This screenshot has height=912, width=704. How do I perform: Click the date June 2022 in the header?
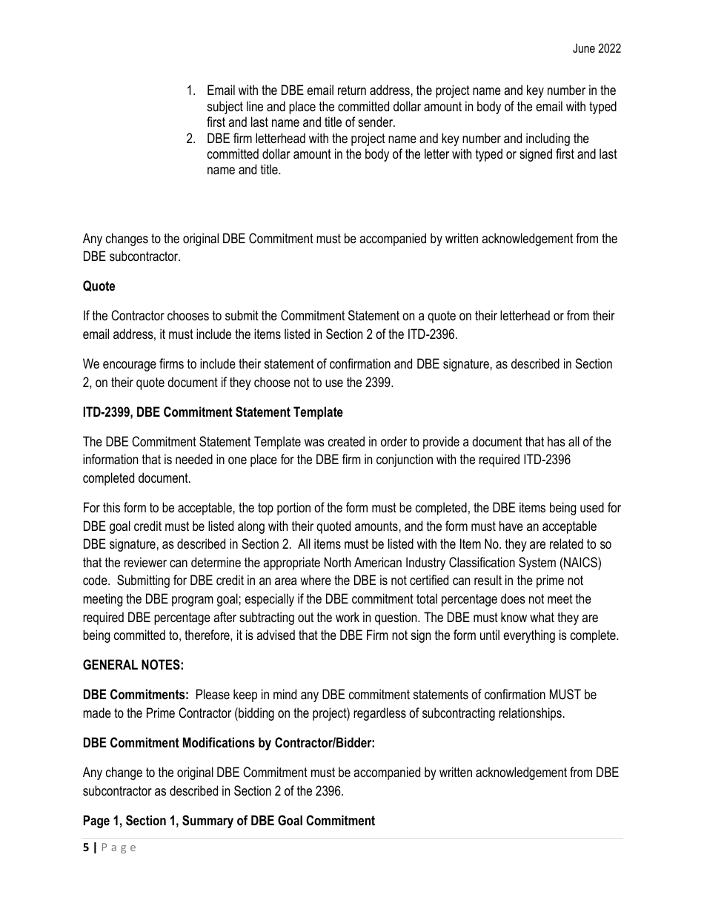597,49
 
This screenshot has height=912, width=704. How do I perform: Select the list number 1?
190,91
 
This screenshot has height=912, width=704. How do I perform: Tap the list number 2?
190,139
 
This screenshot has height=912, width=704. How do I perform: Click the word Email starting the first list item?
221,91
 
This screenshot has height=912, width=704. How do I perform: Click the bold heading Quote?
99,286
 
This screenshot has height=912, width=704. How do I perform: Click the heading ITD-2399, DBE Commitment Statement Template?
213,412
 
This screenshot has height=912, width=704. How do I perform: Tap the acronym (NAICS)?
588,563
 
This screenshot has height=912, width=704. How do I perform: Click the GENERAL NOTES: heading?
133,665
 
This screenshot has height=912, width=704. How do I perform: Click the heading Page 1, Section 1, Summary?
229,821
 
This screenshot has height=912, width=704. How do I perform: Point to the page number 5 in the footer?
86,848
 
